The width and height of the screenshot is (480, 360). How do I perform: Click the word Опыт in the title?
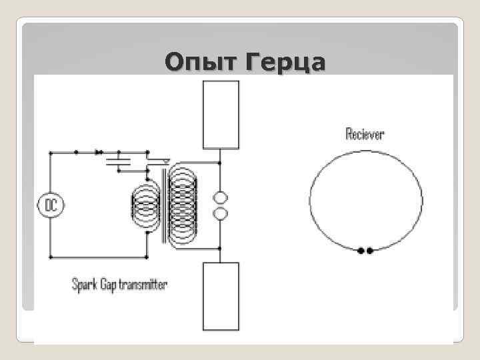(x=201, y=63)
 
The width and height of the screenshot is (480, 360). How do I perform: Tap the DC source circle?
(x=50, y=205)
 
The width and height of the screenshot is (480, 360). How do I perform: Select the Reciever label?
(x=365, y=134)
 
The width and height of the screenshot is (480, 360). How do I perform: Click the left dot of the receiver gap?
(x=361, y=251)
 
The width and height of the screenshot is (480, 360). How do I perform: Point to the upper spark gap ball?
(x=220, y=198)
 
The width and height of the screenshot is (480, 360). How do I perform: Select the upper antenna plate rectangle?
(x=221, y=114)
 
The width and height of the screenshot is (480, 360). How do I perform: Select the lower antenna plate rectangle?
(x=221, y=296)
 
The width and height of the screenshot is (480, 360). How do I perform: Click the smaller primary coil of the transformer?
(x=145, y=205)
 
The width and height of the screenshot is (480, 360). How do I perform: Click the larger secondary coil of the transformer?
(x=183, y=205)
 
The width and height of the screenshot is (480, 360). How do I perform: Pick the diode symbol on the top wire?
(x=99, y=152)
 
